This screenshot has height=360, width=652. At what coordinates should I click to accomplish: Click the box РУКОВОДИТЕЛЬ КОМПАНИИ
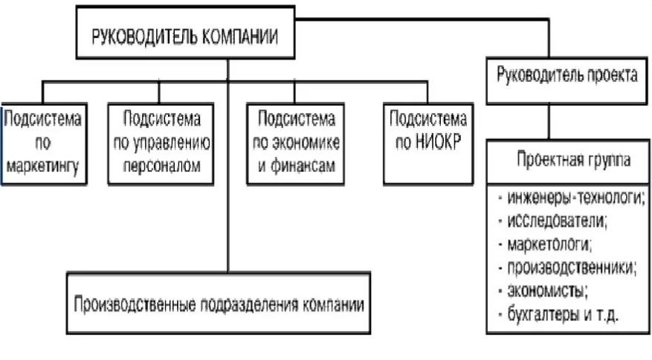click(185, 33)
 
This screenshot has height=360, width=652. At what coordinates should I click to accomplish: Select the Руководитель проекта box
click(567, 81)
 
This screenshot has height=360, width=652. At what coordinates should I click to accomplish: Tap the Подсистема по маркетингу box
click(43, 144)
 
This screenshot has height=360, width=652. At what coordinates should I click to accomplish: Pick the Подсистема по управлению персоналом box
click(161, 144)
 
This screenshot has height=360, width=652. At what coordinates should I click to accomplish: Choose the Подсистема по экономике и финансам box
click(296, 144)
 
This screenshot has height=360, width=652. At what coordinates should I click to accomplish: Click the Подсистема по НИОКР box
click(428, 144)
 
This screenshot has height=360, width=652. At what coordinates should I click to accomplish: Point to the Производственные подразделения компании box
click(219, 303)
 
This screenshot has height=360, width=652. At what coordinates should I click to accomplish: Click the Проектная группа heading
click(573, 159)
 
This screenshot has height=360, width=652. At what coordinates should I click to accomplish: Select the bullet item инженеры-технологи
click(572, 197)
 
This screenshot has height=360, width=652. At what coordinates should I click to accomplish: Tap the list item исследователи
click(553, 221)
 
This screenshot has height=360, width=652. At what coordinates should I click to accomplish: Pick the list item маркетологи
click(545, 244)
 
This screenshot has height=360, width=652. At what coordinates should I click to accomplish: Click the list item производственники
click(567, 267)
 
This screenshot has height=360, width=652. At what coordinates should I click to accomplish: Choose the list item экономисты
click(543, 291)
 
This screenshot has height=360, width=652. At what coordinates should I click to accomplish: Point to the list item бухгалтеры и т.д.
click(558, 314)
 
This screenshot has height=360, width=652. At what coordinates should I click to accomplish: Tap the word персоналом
click(162, 166)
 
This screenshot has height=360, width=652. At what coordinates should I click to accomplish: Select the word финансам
click(303, 166)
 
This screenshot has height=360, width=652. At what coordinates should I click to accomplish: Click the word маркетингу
click(43, 167)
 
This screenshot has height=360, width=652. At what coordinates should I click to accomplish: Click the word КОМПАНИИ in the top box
click(240, 36)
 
